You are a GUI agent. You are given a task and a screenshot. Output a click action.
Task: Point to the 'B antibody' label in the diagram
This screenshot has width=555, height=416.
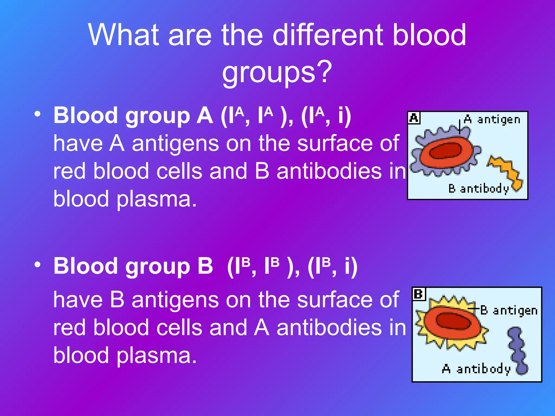479,188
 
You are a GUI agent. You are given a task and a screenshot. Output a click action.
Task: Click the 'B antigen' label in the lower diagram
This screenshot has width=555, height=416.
509,310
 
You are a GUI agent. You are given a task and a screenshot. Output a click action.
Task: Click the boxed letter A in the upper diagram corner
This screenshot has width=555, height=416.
414,118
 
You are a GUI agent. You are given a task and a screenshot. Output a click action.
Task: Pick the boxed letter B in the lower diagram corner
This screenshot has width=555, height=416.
419,294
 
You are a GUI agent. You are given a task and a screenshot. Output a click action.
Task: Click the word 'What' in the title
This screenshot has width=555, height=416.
123,35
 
